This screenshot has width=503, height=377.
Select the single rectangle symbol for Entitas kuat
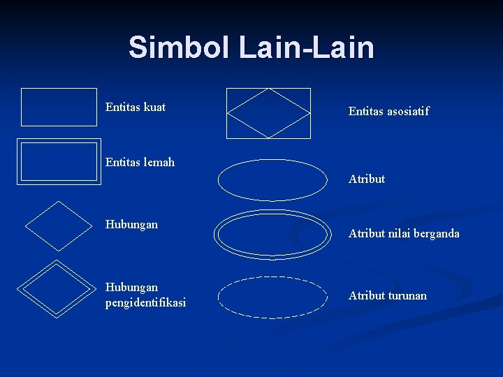click(x=59, y=107)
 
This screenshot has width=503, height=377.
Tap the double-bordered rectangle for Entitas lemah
click(x=59, y=162)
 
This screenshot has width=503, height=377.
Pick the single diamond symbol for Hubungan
click(x=59, y=226)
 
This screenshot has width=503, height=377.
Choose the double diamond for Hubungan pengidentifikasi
click(x=59, y=288)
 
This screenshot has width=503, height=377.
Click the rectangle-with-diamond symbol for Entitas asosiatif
click(x=269, y=113)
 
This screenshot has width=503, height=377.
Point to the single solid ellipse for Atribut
click(x=272, y=181)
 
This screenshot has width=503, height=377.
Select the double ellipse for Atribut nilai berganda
click(x=272, y=235)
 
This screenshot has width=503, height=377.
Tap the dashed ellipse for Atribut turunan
click(x=272, y=297)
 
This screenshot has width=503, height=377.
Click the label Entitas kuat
click(x=136, y=108)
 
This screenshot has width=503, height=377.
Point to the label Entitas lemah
click(x=140, y=163)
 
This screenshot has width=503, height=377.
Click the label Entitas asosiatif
click(x=388, y=111)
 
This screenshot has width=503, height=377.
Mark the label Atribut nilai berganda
click(x=404, y=234)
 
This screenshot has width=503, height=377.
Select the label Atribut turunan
click(x=387, y=295)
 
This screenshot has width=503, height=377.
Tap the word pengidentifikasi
click(x=145, y=303)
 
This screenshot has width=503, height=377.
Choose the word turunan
click(x=406, y=295)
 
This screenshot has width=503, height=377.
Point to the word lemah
click(x=159, y=163)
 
